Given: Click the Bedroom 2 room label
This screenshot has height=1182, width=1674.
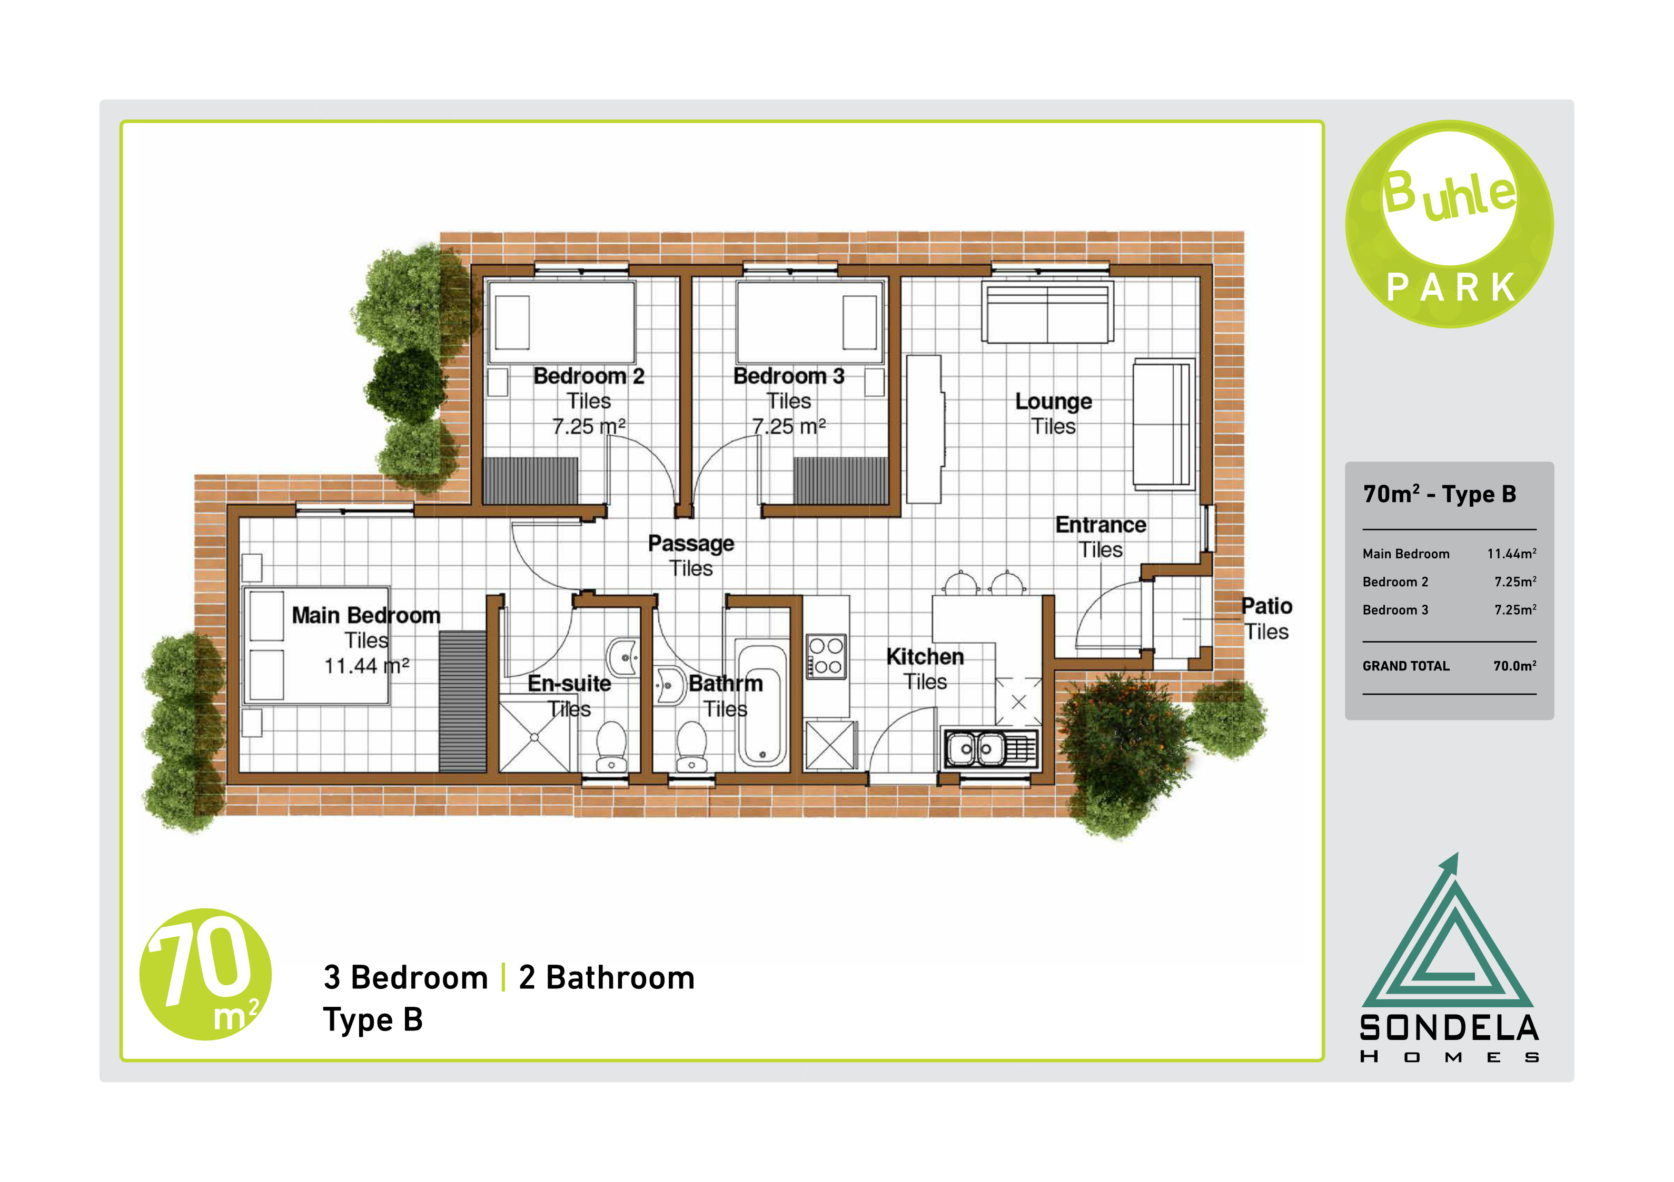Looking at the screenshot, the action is (x=588, y=376).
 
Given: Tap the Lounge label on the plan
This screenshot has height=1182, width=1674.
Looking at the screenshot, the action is (x=1054, y=402).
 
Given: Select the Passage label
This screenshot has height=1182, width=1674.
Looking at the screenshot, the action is (x=690, y=544).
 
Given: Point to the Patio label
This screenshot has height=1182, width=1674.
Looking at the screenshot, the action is (x=1266, y=606).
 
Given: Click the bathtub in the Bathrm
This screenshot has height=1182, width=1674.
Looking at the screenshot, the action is (x=761, y=703).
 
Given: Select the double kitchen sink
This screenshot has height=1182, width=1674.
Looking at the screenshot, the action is (x=990, y=748).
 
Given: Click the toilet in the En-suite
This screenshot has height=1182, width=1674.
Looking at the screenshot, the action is (x=611, y=746).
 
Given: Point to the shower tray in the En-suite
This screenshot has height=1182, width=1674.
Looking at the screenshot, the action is (x=534, y=737).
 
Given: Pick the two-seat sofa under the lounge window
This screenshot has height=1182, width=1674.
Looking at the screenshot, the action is (x=1048, y=312).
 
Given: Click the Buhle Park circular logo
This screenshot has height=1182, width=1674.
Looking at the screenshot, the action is (x=1450, y=224).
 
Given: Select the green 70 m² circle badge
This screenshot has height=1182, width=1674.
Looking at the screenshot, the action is (x=205, y=974).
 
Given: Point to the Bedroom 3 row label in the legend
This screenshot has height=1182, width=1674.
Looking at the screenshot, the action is (x=1395, y=610).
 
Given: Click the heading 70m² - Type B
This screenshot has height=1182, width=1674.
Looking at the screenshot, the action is (x=1439, y=494).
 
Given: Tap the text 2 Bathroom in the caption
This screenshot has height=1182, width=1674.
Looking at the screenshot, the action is (x=607, y=978).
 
